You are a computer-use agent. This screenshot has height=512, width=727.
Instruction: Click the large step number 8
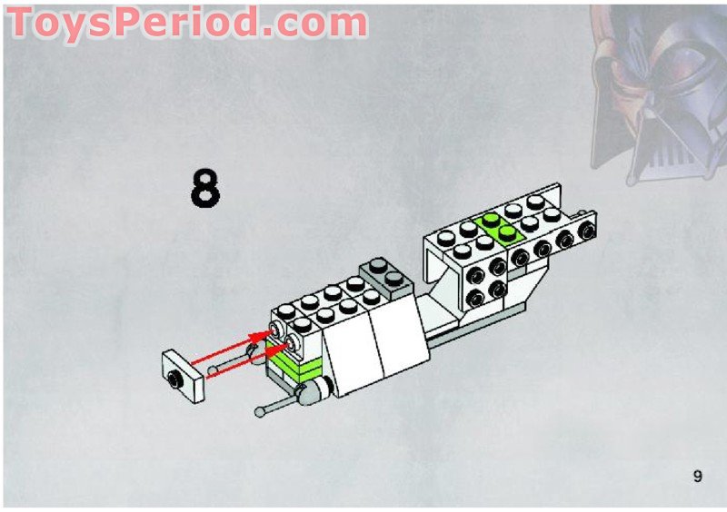coord(205,188)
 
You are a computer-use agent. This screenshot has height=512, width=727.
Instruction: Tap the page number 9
coord(698,477)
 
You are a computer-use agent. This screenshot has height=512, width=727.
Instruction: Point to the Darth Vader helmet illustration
coord(658,93)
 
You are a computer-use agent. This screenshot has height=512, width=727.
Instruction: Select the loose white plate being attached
coord(184,375)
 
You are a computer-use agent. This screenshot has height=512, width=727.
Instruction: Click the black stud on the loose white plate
coord(174,379)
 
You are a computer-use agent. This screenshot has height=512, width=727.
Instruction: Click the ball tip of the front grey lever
coord(260,411)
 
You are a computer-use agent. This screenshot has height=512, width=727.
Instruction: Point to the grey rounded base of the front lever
coord(313,391)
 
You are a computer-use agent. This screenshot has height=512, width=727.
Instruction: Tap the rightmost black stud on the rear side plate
coord(587,231)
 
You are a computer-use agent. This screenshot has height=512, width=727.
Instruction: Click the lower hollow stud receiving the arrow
coord(292,344)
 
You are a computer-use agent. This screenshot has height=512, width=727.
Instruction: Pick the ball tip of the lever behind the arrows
coord(213,370)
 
